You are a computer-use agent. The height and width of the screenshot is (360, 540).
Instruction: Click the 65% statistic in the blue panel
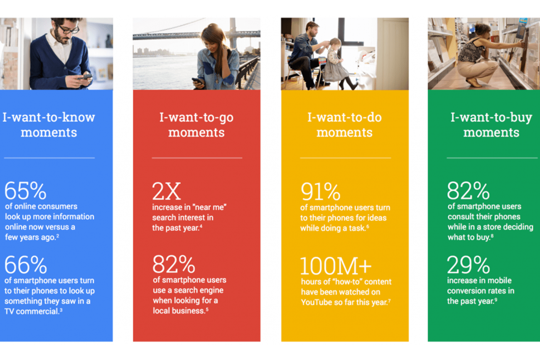(25, 191)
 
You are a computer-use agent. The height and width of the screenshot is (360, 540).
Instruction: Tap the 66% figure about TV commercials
(25, 265)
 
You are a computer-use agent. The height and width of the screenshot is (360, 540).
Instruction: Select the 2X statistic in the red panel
(166, 191)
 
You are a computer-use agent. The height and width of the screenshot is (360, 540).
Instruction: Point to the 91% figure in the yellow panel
(320, 191)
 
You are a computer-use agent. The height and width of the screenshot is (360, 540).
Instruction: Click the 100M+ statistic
(335, 266)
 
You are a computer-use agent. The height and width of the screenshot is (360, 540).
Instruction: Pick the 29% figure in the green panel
(468, 265)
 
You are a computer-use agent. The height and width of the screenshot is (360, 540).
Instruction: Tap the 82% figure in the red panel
(174, 264)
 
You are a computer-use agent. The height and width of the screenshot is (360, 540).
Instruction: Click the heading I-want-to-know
(49, 118)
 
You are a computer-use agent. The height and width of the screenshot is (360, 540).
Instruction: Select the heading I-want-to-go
(196, 118)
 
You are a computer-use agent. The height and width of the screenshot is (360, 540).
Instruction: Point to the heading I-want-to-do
(344, 118)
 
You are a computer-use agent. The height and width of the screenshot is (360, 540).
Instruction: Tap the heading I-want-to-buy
(491, 118)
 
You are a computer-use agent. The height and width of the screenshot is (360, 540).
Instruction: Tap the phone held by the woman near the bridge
(196, 81)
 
